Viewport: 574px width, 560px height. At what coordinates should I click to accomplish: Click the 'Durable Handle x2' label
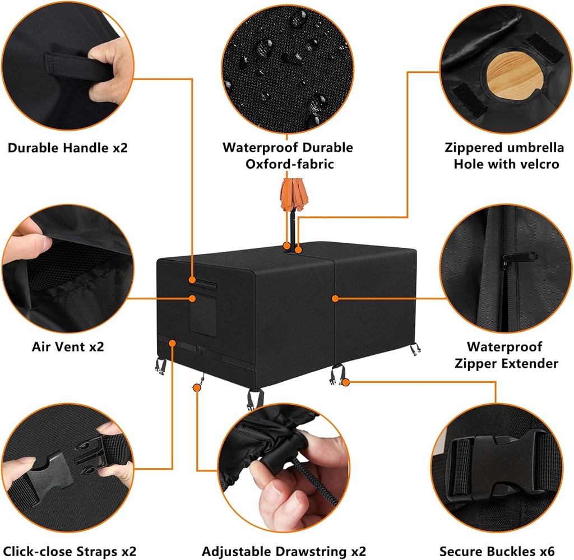(x=67, y=148)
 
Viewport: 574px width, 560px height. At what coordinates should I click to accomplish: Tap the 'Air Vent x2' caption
(x=67, y=346)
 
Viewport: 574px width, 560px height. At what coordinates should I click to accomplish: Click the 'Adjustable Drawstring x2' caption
(x=287, y=552)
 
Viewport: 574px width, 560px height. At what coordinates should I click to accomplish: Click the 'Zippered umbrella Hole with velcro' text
(x=504, y=156)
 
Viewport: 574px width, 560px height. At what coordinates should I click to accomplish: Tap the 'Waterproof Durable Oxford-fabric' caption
(x=288, y=156)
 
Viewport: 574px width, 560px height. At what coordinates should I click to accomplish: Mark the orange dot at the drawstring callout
(x=197, y=387)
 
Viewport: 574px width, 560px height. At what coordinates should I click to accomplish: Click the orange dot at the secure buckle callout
(x=346, y=382)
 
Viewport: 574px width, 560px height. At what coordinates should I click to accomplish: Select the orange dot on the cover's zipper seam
(x=335, y=298)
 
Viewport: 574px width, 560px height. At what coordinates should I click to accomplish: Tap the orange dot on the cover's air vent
(x=192, y=298)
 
